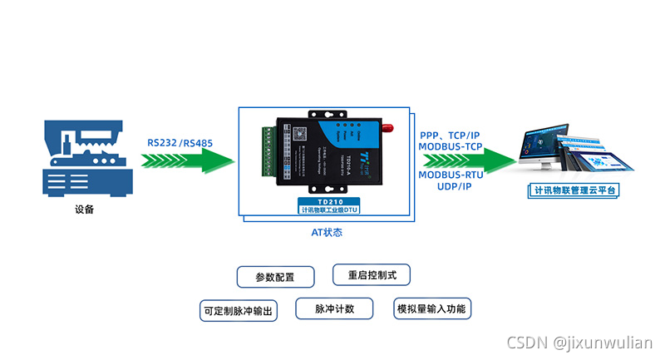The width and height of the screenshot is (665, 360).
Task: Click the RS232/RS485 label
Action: click(180, 142)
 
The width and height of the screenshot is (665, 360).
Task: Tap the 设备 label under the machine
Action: click(84, 210)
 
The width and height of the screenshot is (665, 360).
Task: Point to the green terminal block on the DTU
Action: click(267, 152)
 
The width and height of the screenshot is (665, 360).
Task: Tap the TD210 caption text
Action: click(328, 200)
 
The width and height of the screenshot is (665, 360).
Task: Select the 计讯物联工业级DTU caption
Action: click(328, 210)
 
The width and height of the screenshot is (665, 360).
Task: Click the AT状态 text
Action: click(327, 233)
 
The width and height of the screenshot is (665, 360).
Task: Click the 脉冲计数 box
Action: click(334, 308)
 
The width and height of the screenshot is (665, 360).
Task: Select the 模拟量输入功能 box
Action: click(432, 308)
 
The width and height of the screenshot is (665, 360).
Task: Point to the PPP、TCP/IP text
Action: click(450, 135)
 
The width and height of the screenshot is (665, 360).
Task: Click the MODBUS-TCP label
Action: click(450, 146)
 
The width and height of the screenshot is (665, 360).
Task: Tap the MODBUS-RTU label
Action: click(450, 175)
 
